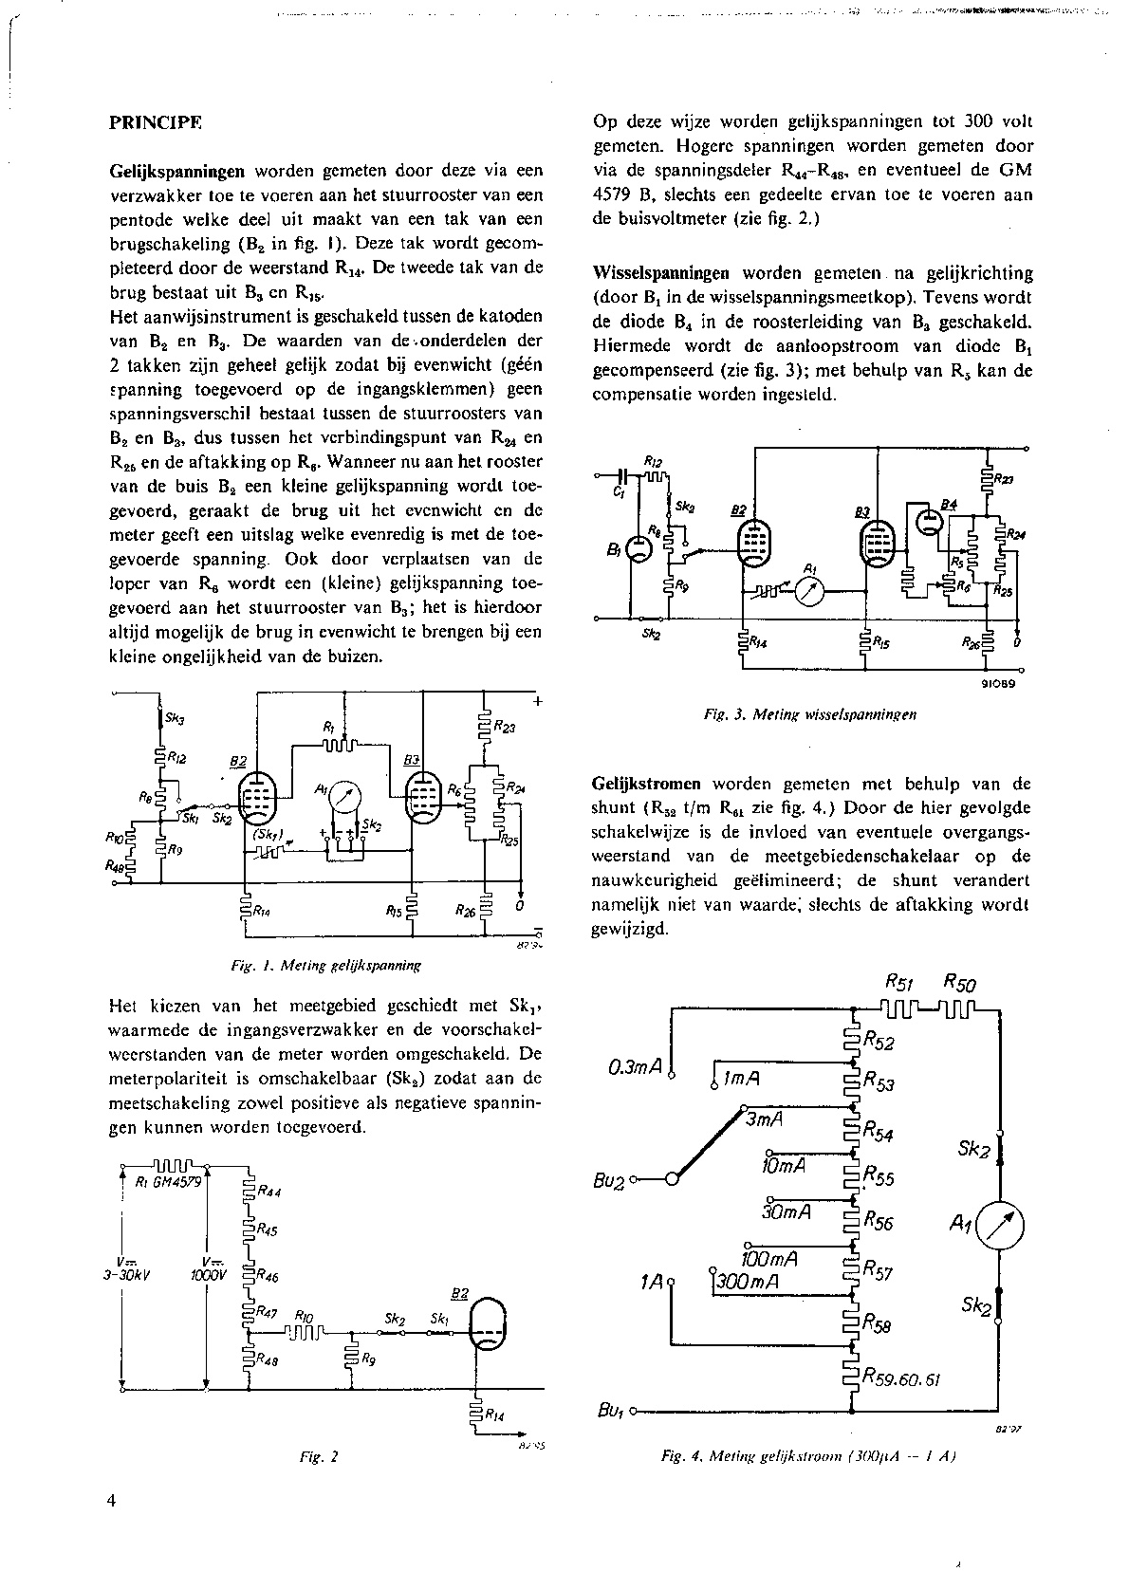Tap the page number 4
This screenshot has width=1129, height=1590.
(112, 1500)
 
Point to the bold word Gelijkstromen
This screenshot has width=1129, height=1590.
(647, 784)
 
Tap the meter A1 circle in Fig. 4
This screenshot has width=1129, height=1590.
(999, 1228)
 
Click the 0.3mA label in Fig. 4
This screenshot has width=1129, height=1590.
(635, 1066)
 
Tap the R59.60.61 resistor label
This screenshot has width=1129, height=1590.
(901, 1379)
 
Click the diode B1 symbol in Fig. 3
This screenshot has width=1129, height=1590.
(638, 548)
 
